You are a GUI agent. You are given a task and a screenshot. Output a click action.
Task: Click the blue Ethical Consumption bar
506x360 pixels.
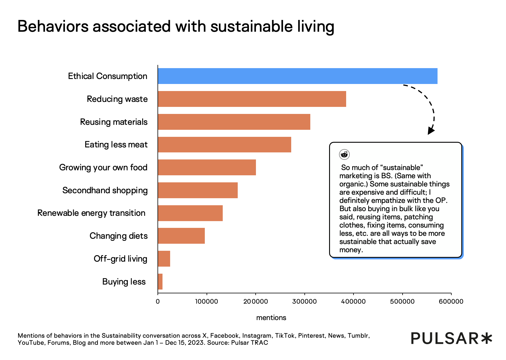pos(297,76)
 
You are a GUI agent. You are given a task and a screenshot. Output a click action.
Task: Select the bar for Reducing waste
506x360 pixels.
pos(252,99)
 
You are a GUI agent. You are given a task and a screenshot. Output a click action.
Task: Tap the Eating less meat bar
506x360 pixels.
pos(224,144)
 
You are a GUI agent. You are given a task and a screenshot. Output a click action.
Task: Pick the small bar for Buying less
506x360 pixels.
pos(160,282)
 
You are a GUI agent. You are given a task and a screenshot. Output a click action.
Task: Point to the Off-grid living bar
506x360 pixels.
pos(164,259)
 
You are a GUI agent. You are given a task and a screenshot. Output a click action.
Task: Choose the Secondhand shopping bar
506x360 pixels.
pos(198,190)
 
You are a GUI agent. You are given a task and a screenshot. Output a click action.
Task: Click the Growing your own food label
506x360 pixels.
pos(103,167)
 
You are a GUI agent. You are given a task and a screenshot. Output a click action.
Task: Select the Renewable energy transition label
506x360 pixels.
pos(91,213)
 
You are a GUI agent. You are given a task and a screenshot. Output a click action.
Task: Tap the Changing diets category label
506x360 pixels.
pos(118,236)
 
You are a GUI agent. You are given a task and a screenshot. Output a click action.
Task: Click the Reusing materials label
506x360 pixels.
pos(114,122)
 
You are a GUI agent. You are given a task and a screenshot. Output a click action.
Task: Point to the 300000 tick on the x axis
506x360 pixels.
pos(304,301)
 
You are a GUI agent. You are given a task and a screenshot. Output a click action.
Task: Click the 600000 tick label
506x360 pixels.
pos(451,301)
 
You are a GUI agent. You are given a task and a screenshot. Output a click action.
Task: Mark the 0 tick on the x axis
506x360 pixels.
pos(158,301)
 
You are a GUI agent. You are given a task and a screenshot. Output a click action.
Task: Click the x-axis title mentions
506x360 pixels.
pos(271,318)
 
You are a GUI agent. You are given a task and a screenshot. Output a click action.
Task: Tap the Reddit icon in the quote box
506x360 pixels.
pos(344,154)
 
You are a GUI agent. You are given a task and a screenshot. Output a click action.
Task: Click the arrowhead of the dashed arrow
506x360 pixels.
pos(431,131)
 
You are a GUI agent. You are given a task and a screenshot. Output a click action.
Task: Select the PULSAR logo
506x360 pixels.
pos(451,338)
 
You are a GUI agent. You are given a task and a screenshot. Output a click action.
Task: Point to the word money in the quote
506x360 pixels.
pos(351,250)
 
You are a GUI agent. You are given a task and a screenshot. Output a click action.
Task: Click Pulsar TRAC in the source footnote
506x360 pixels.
pos(249,343)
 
